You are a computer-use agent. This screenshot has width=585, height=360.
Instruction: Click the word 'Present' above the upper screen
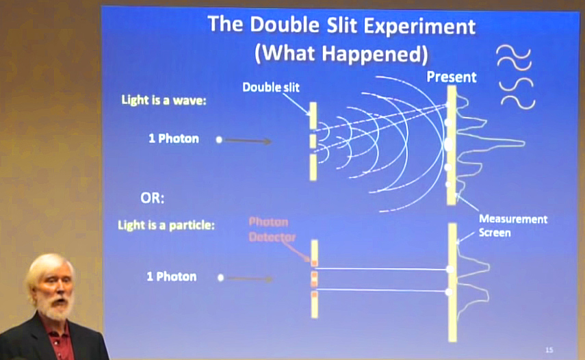452,77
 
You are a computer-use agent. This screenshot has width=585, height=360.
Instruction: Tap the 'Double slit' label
271,88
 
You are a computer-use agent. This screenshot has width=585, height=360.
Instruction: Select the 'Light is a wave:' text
164,100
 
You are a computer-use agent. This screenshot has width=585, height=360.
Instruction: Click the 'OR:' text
152,198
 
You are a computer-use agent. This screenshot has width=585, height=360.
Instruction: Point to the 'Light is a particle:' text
166,225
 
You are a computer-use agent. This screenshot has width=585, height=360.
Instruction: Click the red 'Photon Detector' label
272,229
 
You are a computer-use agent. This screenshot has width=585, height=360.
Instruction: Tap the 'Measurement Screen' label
513,226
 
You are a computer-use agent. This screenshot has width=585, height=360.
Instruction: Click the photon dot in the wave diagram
219,140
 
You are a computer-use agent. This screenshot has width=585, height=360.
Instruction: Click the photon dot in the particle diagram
220,278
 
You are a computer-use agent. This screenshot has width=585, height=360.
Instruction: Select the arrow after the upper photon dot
248,140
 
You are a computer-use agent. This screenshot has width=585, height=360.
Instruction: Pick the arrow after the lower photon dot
250,279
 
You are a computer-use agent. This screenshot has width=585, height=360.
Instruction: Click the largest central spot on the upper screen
449,144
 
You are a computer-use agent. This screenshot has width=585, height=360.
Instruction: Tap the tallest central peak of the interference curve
519,142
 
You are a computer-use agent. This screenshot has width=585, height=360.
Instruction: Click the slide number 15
549,350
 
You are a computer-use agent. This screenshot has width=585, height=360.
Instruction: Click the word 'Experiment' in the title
419,26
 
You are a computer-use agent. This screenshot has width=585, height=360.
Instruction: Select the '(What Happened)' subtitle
341,53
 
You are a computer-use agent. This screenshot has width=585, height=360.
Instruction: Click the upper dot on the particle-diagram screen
451,269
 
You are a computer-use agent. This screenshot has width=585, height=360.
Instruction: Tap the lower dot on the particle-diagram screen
450,292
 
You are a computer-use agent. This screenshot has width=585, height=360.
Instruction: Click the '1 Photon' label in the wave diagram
174,139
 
